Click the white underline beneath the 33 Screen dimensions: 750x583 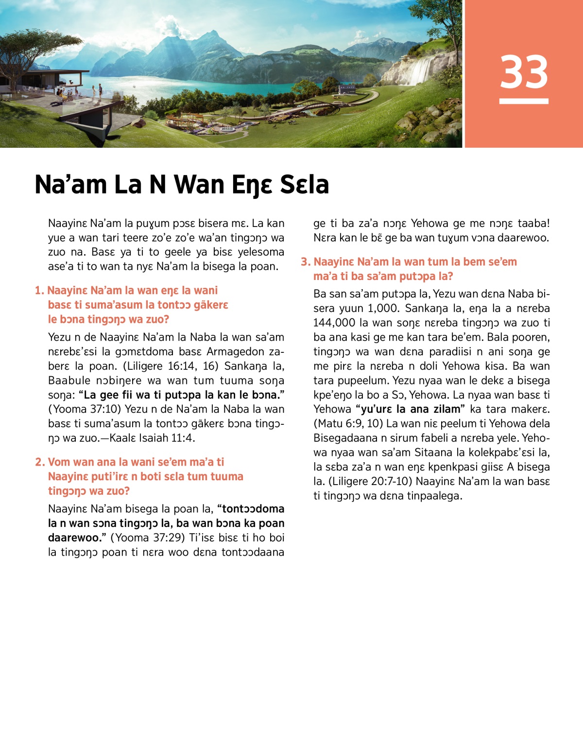[x=524, y=101]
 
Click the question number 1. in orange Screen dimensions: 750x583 [x=39, y=291]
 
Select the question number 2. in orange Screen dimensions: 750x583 [x=40, y=462]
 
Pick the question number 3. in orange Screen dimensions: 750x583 [x=305, y=262]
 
